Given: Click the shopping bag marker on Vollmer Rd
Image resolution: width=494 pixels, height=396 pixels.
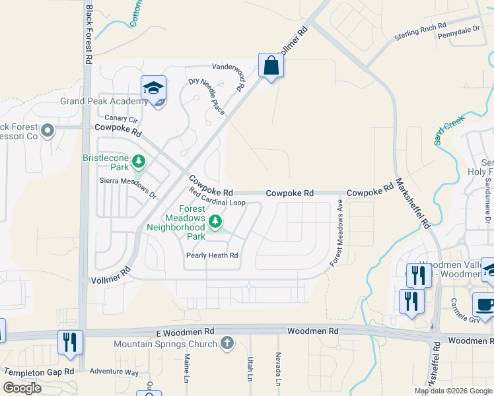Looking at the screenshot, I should [x=271, y=66].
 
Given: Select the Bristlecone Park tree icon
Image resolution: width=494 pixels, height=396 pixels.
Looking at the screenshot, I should [x=139, y=160].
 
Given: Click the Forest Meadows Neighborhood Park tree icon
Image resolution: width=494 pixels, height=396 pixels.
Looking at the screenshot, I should [x=215, y=221].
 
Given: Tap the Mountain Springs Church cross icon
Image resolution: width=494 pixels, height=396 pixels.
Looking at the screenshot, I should [x=227, y=343].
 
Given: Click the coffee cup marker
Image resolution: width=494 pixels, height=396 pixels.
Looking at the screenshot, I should [x=485, y=306].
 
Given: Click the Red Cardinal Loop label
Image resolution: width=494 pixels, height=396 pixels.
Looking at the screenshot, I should [x=217, y=197].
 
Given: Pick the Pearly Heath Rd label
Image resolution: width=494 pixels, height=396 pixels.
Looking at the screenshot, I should [x=211, y=255].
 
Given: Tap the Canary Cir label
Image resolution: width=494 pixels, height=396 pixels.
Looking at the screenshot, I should [x=125, y=119].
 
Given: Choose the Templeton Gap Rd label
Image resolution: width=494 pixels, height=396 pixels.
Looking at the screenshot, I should [x=38, y=372].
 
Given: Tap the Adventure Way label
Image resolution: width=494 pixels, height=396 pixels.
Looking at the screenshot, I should [x=114, y=372].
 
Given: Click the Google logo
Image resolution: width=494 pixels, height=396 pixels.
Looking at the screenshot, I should [x=22, y=388].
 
